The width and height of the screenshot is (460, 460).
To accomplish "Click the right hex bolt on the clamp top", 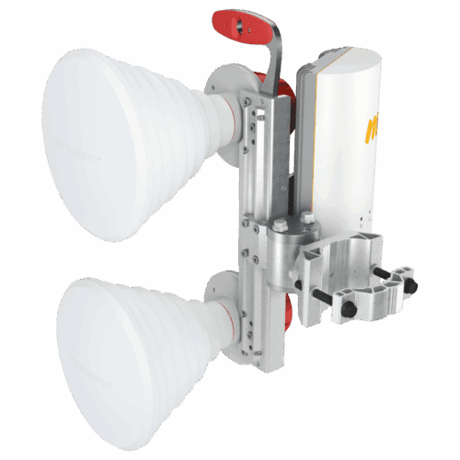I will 307,218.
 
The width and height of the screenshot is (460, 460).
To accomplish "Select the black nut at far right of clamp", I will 410,285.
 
